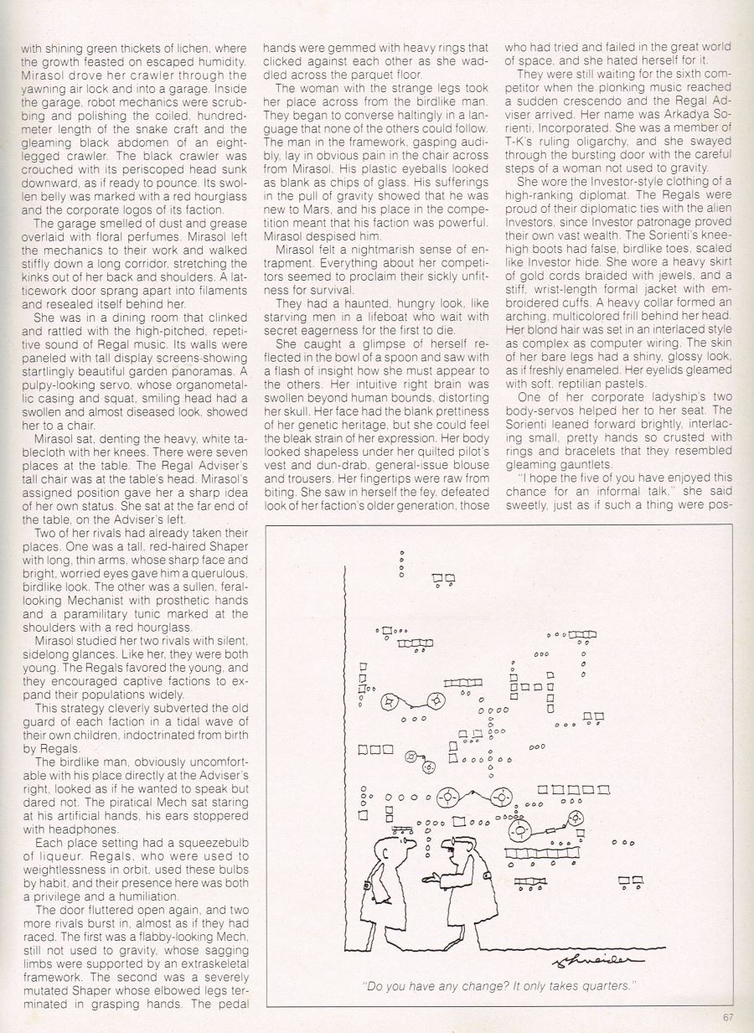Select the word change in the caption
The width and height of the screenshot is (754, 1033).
point(464,986)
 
